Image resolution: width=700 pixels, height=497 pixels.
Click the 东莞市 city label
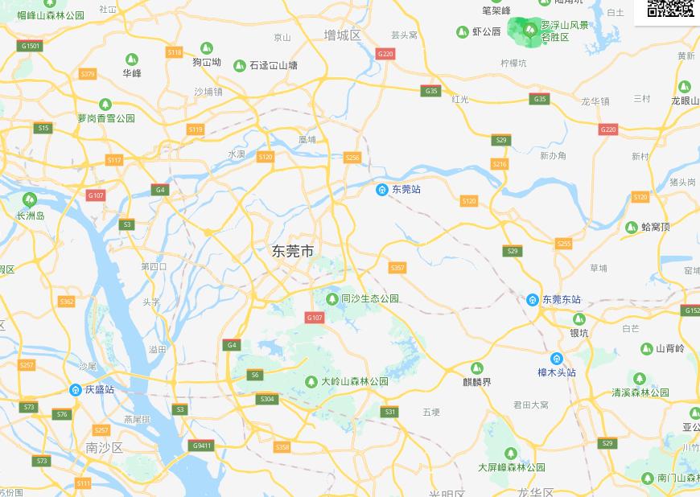pyautogui.click(x=293, y=251)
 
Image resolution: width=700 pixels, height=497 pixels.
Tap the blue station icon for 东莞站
pyautogui.click(x=382, y=190)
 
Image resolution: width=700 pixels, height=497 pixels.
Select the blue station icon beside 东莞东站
pyautogui.click(x=533, y=300)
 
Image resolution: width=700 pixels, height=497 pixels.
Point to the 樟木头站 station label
pyautogui.click(x=557, y=372)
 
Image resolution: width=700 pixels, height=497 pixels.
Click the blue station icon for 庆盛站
pyautogui.click(x=76, y=390)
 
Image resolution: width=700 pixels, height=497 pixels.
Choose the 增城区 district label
pyautogui.click(x=342, y=35)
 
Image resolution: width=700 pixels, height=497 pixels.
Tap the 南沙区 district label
pyautogui.click(x=105, y=447)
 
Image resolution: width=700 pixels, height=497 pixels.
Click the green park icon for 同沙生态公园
pyautogui.click(x=331, y=299)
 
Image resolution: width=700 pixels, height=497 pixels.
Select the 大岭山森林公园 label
pyautogui.click(x=355, y=381)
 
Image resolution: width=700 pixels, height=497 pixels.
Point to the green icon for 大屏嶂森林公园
pyautogui.click(x=510, y=454)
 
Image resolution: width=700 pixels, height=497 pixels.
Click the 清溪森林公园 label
pyautogui.click(x=640, y=392)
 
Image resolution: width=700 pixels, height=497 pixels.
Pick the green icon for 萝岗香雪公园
pyautogui.click(x=105, y=105)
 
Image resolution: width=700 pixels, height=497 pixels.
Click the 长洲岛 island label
pyautogui.click(x=31, y=216)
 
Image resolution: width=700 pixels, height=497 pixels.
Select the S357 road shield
pyautogui.click(x=397, y=268)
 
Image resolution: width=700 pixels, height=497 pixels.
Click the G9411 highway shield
pyautogui.click(x=202, y=446)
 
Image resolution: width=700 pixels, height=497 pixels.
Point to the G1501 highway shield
pyautogui.click(x=30, y=46)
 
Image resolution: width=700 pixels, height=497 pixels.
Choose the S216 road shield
pyautogui.click(x=500, y=164)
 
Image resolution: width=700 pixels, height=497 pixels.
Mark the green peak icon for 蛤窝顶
pyautogui.click(x=632, y=228)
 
